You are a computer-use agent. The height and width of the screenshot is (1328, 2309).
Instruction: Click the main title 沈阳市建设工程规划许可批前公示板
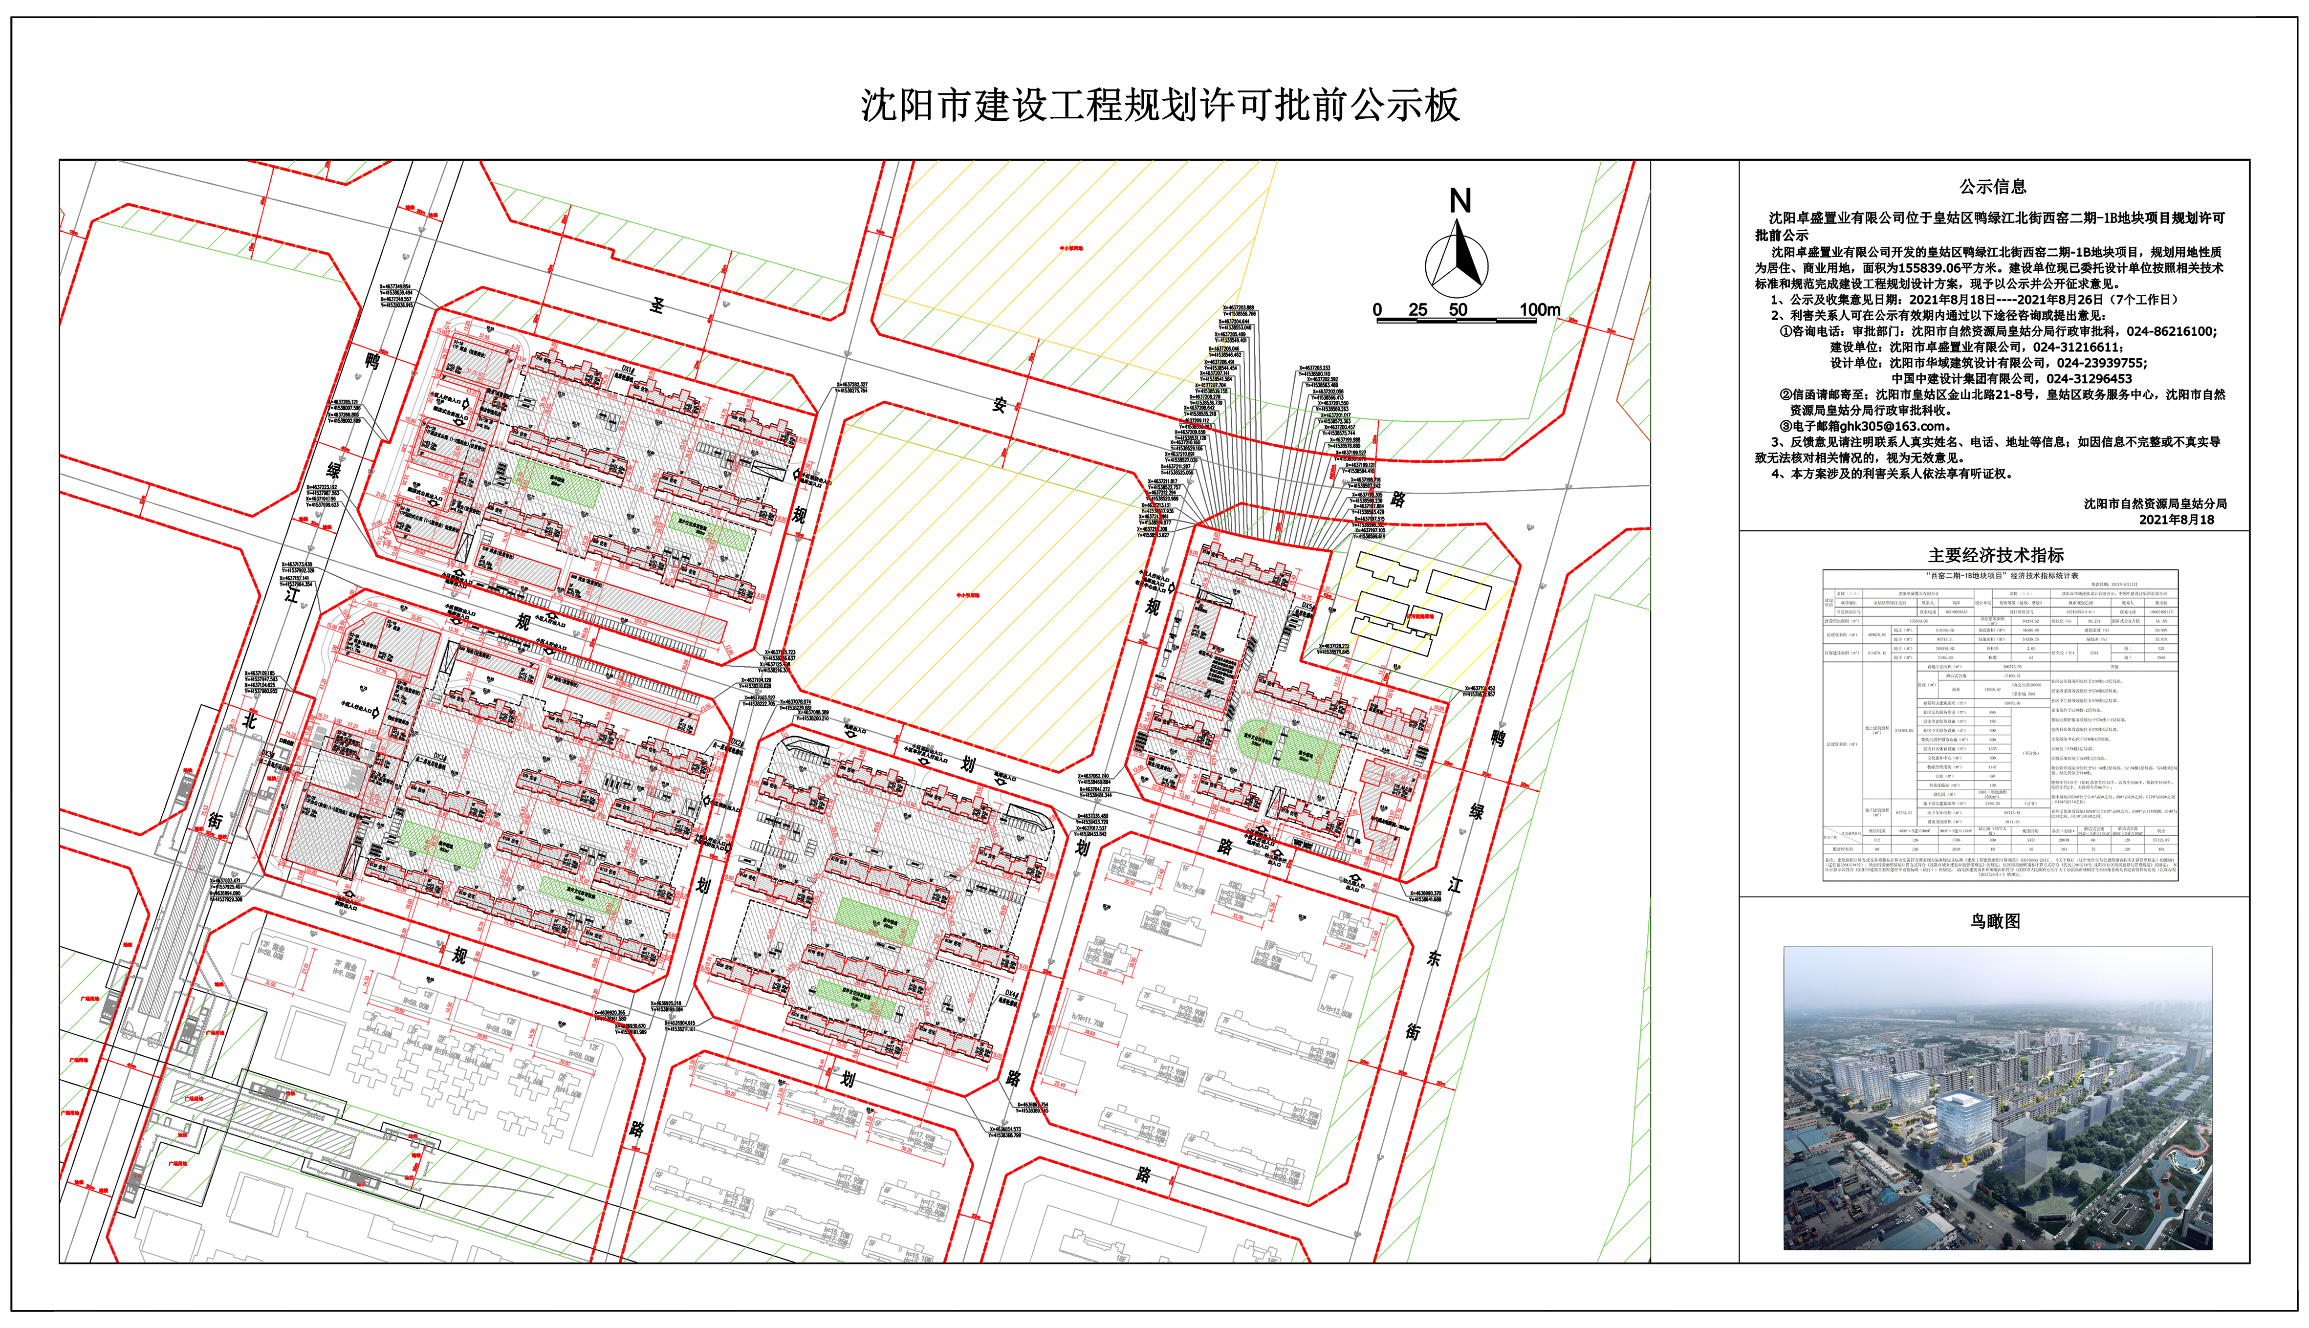coord(1160,106)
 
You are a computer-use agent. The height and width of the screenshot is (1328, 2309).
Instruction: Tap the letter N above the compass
coord(1460,201)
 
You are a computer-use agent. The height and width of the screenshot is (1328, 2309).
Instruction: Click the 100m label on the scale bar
coord(1540,310)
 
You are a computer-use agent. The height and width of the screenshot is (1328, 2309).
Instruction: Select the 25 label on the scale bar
coord(1417,310)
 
